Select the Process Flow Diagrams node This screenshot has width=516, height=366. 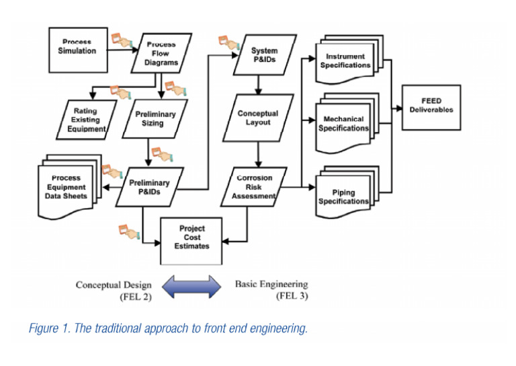click(x=161, y=53)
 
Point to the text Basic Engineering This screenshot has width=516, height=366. click(x=271, y=284)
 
